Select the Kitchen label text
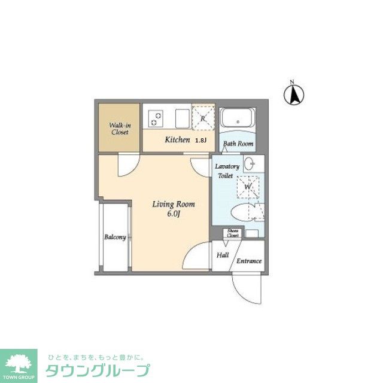pyautogui.click(x=177, y=141)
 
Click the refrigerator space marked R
pyautogui.click(x=203, y=118)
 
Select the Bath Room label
pyautogui.click(x=238, y=144)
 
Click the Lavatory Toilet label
pyautogui.click(x=229, y=171)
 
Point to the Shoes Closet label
pyautogui.click(x=233, y=234)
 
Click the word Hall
pyautogui.click(x=223, y=255)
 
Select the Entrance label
pyautogui.click(x=249, y=261)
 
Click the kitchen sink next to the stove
pyautogui.click(x=181, y=117)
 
